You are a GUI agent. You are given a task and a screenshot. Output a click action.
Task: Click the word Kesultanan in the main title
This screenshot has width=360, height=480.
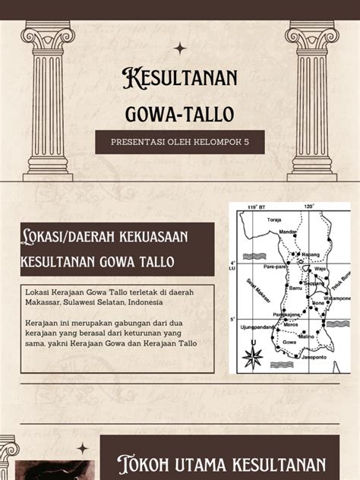click(x=180, y=78)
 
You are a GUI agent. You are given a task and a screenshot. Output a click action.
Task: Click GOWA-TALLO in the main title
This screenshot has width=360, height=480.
click(x=180, y=115)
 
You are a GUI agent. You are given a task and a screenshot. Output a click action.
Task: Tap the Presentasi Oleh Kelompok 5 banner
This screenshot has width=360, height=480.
click(x=180, y=142)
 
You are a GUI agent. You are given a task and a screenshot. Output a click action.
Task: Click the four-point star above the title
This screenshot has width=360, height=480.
click(x=180, y=49)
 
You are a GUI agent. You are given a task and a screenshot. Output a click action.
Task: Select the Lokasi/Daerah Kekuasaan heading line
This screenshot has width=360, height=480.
click(x=103, y=238)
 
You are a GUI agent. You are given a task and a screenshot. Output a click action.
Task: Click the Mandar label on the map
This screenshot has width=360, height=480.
click(x=288, y=232)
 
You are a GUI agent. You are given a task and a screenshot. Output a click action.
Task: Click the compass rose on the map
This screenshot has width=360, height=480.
click(x=252, y=355)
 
